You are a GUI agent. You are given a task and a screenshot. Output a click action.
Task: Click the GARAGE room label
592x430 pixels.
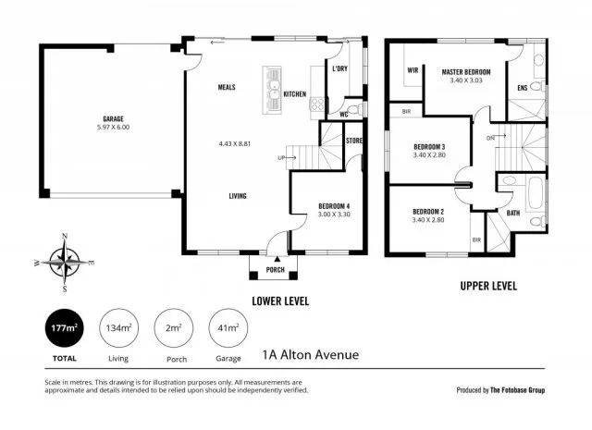[113, 119]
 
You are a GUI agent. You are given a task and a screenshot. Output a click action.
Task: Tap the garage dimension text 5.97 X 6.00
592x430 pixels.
[113, 128]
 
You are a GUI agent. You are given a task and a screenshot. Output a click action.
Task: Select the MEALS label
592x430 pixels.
[227, 87]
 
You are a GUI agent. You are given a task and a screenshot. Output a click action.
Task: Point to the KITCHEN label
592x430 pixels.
[295, 94]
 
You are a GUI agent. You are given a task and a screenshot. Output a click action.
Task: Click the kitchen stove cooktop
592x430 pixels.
[317, 104]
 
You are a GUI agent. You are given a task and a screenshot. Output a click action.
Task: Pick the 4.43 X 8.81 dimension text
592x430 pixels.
[235, 144]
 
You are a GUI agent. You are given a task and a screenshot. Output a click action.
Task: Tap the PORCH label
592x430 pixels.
[276, 269]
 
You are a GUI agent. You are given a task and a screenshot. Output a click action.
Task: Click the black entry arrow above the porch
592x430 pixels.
[277, 259]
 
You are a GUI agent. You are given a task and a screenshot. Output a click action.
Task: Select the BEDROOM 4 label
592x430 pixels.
[334, 206]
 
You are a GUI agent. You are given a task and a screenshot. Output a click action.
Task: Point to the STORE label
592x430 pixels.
[354, 141]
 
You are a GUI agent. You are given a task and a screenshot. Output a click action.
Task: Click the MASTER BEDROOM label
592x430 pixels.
[466, 72]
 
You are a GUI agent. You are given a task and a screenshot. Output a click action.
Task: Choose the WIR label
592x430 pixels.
[413, 70]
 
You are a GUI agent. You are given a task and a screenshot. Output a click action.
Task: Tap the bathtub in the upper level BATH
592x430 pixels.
[535, 194]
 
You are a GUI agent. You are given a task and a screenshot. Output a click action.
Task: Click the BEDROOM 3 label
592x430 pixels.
[429, 147]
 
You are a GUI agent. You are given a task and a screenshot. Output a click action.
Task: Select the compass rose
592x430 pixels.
[65, 263]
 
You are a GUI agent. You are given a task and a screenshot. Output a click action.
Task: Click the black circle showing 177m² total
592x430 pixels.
[64, 328]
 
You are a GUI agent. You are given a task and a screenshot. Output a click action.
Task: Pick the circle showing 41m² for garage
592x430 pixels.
[228, 328]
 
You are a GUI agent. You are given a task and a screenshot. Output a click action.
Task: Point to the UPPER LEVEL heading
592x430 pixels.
[488, 286]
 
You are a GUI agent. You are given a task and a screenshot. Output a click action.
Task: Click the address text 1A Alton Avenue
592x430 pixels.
[311, 355]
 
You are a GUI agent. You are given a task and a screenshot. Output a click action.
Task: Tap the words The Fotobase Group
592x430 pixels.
[517, 390]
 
